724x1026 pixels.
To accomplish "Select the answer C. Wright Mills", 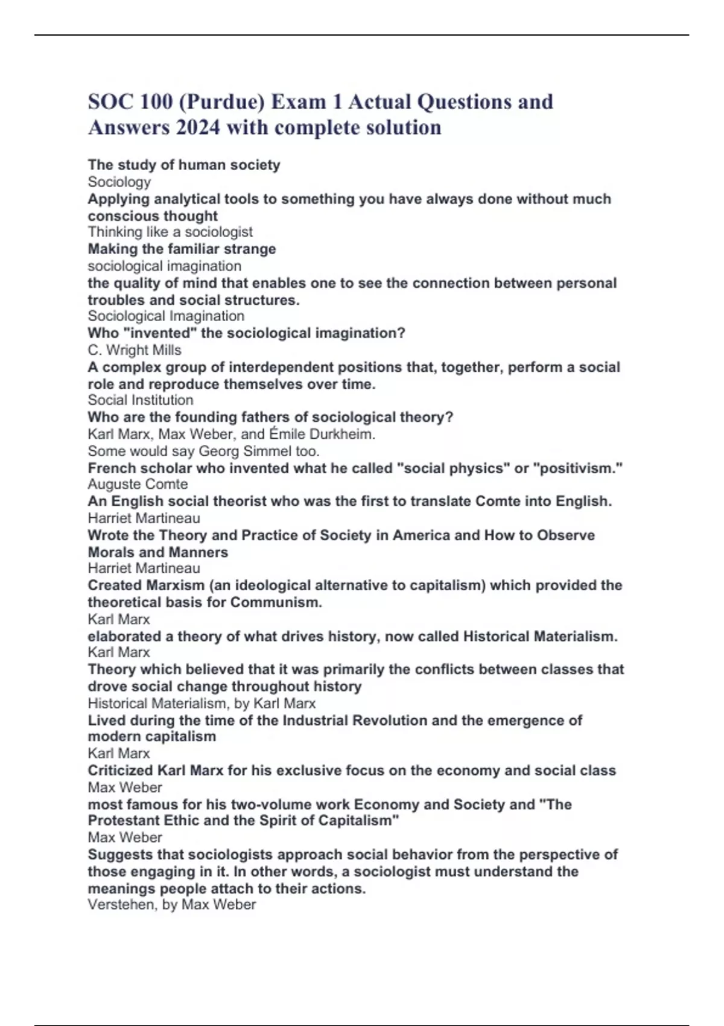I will (x=135, y=350).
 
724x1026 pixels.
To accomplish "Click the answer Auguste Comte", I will (x=138, y=484).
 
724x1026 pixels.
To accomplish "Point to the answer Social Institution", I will (x=141, y=400).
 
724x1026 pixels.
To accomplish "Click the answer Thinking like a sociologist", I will (x=170, y=232).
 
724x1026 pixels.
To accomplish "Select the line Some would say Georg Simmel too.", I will (x=203, y=451).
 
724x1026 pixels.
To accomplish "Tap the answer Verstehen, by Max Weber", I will (x=172, y=905).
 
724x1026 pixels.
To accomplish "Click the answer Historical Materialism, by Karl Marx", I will (x=202, y=703).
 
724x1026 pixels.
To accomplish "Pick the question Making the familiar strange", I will (x=182, y=249).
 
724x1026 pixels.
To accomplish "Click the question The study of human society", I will (x=184, y=165).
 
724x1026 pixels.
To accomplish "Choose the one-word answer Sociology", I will (x=119, y=182).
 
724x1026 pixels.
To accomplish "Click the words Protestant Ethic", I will (x=143, y=821).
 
